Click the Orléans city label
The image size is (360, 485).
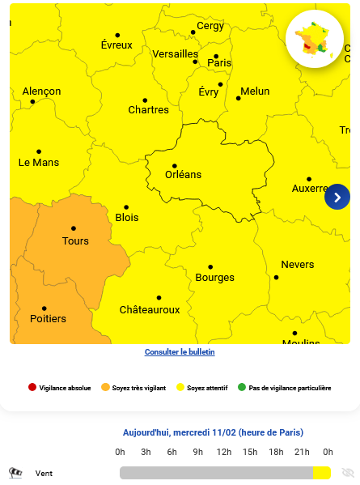tap(183, 175)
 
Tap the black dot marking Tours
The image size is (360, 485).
tap(74, 228)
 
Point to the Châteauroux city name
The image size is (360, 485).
tap(150, 310)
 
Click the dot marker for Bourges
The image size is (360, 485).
tap(210, 266)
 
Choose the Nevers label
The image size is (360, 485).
tap(298, 265)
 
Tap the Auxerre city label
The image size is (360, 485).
tap(311, 189)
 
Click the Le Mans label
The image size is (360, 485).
tap(39, 163)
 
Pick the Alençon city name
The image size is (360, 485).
tap(41, 91)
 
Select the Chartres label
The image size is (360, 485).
tap(149, 110)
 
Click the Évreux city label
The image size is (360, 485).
tap(116, 45)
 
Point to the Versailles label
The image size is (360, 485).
tap(175, 54)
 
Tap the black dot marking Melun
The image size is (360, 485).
tap(239, 98)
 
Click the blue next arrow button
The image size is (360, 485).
tap(337, 196)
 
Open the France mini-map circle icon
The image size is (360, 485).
tap(315, 39)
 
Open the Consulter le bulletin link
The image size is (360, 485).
tap(180, 352)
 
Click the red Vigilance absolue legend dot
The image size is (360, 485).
tap(32, 388)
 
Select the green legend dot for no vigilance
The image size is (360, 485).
tap(241, 388)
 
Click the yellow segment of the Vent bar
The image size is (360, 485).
tap(322, 473)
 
